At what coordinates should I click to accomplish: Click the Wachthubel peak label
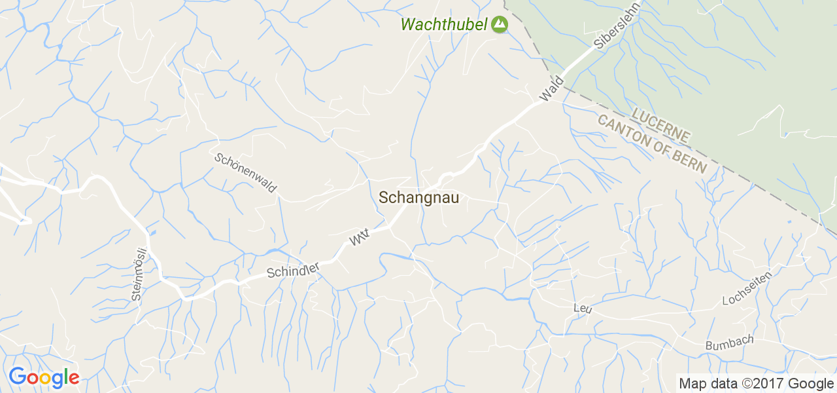click(444, 25)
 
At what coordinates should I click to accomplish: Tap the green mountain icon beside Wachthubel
click(500, 25)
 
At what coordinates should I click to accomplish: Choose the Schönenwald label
click(245, 174)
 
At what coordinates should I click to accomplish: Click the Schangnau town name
click(419, 198)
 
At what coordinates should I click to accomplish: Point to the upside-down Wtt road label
click(360, 237)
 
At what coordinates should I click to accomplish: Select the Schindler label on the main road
click(293, 269)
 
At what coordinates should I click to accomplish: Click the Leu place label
click(582, 308)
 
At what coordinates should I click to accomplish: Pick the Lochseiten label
click(747, 288)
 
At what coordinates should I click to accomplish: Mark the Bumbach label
click(729, 343)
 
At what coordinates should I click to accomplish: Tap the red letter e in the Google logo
click(73, 378)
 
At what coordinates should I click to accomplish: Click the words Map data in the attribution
click(703, 384)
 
